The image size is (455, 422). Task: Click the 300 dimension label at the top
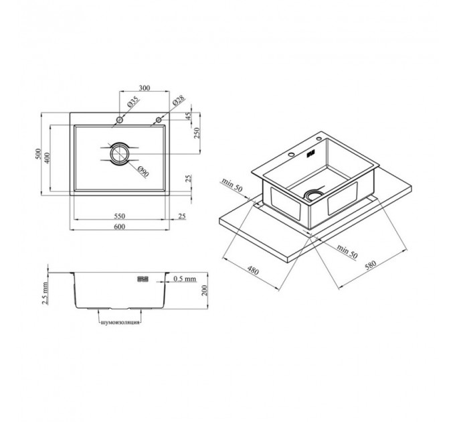[145, 88]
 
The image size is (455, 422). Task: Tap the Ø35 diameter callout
[132, 102]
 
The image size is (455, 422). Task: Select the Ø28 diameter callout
[178, 100]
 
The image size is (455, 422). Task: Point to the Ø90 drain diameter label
[143, 171]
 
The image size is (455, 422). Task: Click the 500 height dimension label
[37, 154]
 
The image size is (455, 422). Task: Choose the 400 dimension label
[47, 157]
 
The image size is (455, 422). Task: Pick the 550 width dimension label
[120, 216]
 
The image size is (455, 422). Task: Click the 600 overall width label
[120, 226]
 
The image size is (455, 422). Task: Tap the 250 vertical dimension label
[197, 133]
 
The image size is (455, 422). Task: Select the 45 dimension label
[189, 116]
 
